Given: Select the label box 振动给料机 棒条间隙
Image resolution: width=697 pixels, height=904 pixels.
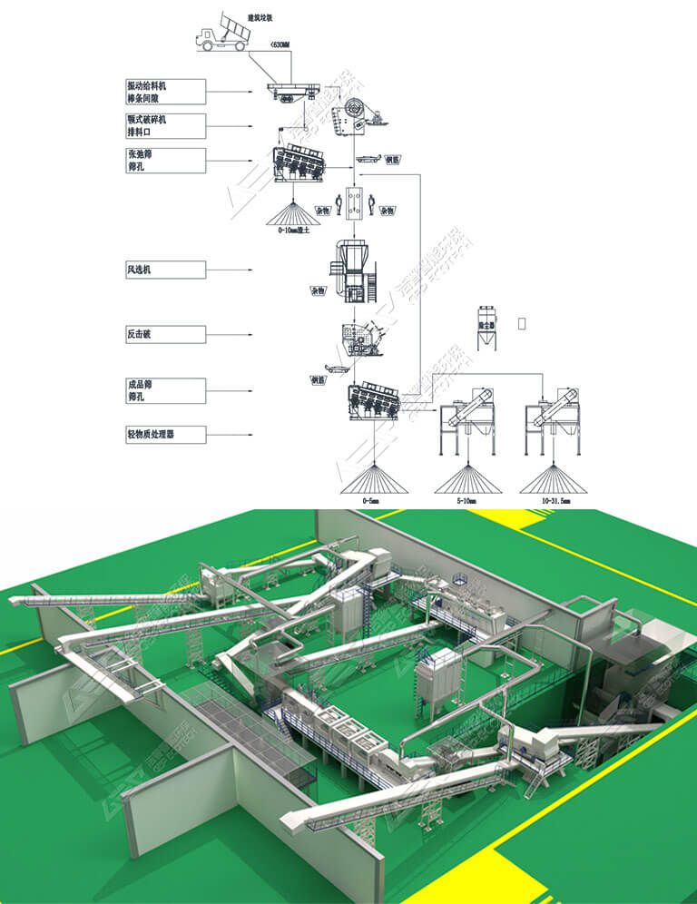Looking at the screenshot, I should click(166, 92).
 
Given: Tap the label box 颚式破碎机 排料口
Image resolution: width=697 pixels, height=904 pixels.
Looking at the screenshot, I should click(166, 125).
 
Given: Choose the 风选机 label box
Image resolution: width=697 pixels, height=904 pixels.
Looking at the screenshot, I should click(166, 270).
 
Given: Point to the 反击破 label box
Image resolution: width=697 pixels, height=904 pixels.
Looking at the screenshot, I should click(166, 335).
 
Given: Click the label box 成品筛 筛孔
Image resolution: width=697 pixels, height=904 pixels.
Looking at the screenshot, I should click(166, 391).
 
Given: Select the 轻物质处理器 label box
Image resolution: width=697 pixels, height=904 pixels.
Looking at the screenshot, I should click(166, 435).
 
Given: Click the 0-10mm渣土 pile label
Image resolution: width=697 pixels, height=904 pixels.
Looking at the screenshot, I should click(293, 232).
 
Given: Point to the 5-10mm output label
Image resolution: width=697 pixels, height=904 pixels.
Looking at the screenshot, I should click(466, 498).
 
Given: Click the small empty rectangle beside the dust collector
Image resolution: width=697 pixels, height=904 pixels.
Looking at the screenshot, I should click(522, 322).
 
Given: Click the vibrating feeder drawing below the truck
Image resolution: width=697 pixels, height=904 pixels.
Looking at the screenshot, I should click(290, 89).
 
